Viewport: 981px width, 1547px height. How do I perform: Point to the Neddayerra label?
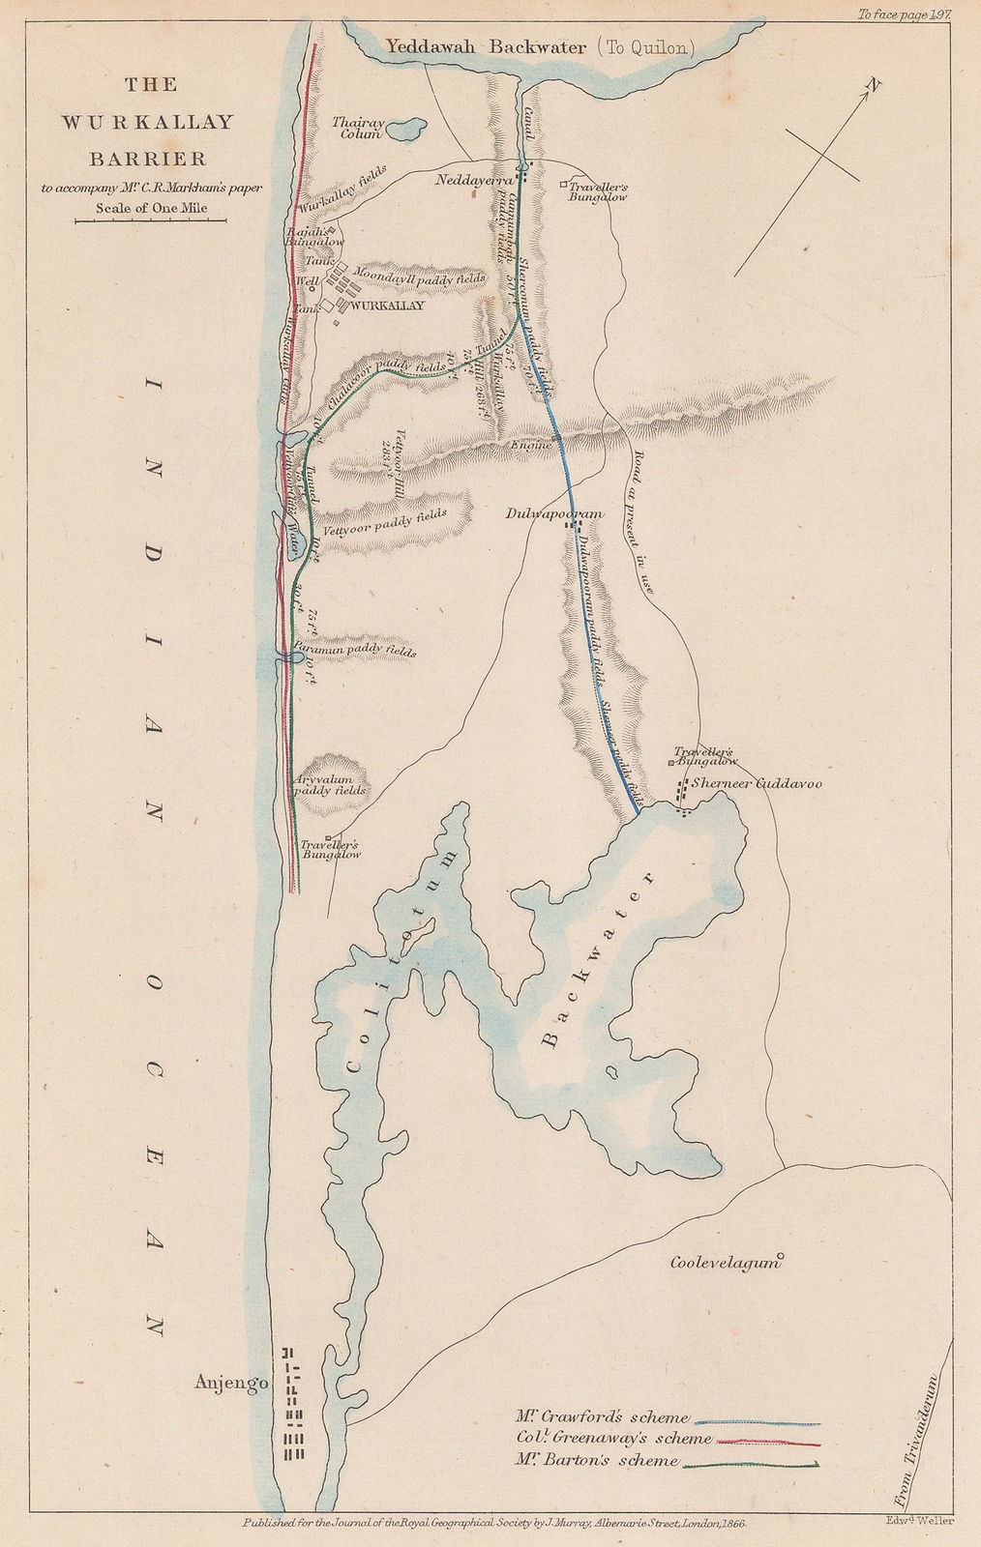tap(473, 179)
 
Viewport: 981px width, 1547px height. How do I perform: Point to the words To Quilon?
tap(642, 45)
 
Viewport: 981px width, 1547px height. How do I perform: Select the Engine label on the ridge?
tap(531, 445)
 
